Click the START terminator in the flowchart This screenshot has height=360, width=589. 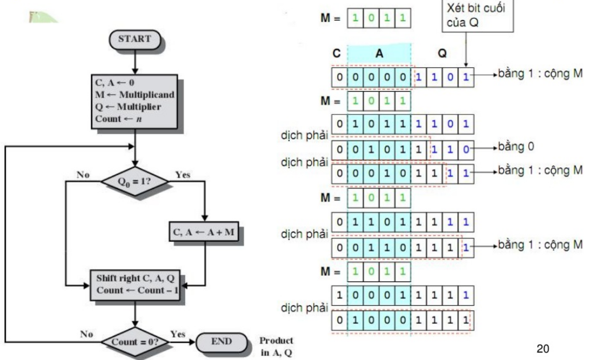coord(134,39)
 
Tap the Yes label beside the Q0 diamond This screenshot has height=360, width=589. coord(183,174)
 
